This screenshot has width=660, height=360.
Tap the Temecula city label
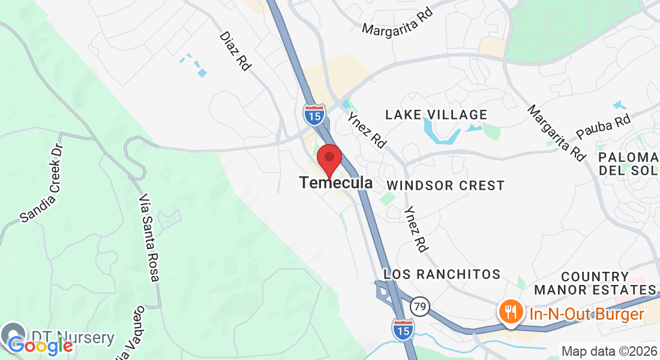(x=336, y=182)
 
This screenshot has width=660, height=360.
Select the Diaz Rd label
(x=235, y=51)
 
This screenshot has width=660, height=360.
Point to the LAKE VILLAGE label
(x=436, y=115)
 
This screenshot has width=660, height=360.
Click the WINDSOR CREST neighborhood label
(x=446, y=185)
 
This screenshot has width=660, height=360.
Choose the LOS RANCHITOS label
(x=442, y=274)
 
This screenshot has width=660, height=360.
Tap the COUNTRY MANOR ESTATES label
(x=595, y=283)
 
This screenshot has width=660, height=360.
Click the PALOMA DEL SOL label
(x=628, y=163)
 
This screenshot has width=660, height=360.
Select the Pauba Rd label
(x=603, y=127)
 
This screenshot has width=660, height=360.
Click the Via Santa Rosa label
(x=149, y=238)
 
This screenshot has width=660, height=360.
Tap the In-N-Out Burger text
(x=586, y=313)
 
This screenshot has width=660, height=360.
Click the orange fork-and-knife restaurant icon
(x=510, y=312)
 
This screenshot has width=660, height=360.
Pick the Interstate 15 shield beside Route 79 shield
(x=403, y=328)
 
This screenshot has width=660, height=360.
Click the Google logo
(x=40, y=346)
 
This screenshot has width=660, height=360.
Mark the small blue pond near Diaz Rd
(x=202, y=73)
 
